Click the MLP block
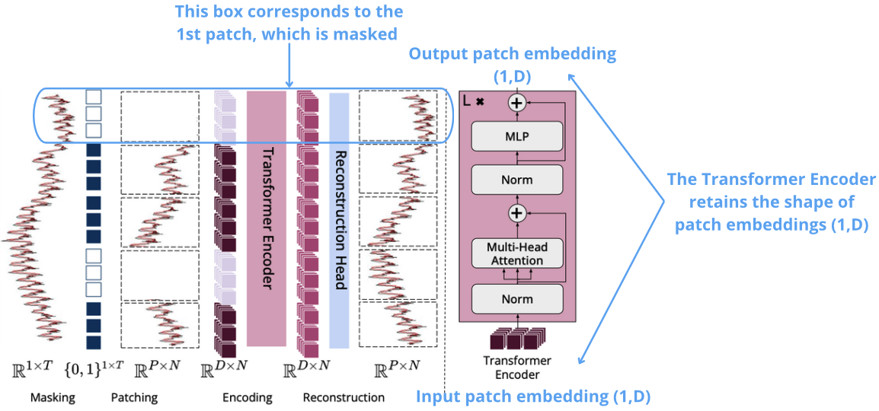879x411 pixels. (x=517, y=137)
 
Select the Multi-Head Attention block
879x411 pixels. (x=517, y=254)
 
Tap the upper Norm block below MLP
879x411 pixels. (x=517, y=180)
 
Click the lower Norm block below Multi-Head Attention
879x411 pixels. (x=517, y=299)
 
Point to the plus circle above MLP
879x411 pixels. (x=517, y=103)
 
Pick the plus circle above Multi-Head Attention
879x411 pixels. (x=517, y=213)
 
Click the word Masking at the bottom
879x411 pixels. (x=53, y=397)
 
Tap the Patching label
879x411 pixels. (x=134, y=397)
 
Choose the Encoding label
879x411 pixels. (x=247, y=397)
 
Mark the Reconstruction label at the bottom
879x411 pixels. (x=344, y=397)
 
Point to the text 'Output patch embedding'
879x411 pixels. (x=513, y=54)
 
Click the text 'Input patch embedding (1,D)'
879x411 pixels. (x=532, y=397)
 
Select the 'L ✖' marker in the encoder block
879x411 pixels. (x=474, y=100)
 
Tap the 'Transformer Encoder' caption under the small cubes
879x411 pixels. (x=517, y=367)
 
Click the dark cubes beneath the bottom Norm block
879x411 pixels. (x=517, y=339)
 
